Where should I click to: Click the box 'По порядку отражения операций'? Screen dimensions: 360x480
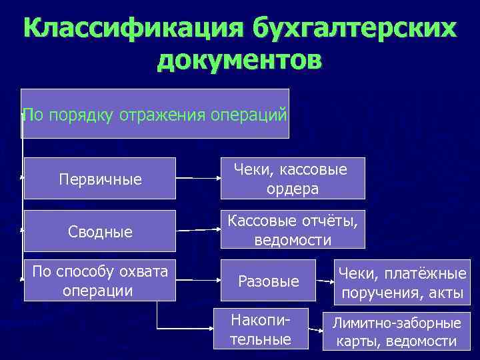click(155, 113)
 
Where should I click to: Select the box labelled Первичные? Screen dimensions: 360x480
click(99, 179)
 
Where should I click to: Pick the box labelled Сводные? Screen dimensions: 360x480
click(99, 231)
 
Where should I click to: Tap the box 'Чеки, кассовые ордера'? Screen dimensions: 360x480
click(293, 179)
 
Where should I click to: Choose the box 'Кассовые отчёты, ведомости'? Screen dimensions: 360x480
click(293, 230)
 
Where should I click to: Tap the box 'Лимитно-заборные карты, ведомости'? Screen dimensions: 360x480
click(397, 332)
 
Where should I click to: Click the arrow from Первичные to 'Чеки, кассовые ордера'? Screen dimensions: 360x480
click(199, 179)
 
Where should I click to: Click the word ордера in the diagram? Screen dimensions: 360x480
click(293, 189)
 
